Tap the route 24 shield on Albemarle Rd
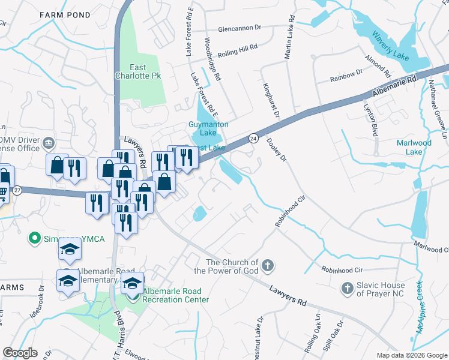click(254, 137)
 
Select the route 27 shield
click(17, 190)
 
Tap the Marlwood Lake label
click(414, 147)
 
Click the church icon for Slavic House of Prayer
click(346, 289)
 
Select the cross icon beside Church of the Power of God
click(268, 265)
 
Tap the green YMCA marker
click(35, 239)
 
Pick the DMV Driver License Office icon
click(49, 143)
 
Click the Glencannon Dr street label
click(241, 28)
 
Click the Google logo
click(20, 353)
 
